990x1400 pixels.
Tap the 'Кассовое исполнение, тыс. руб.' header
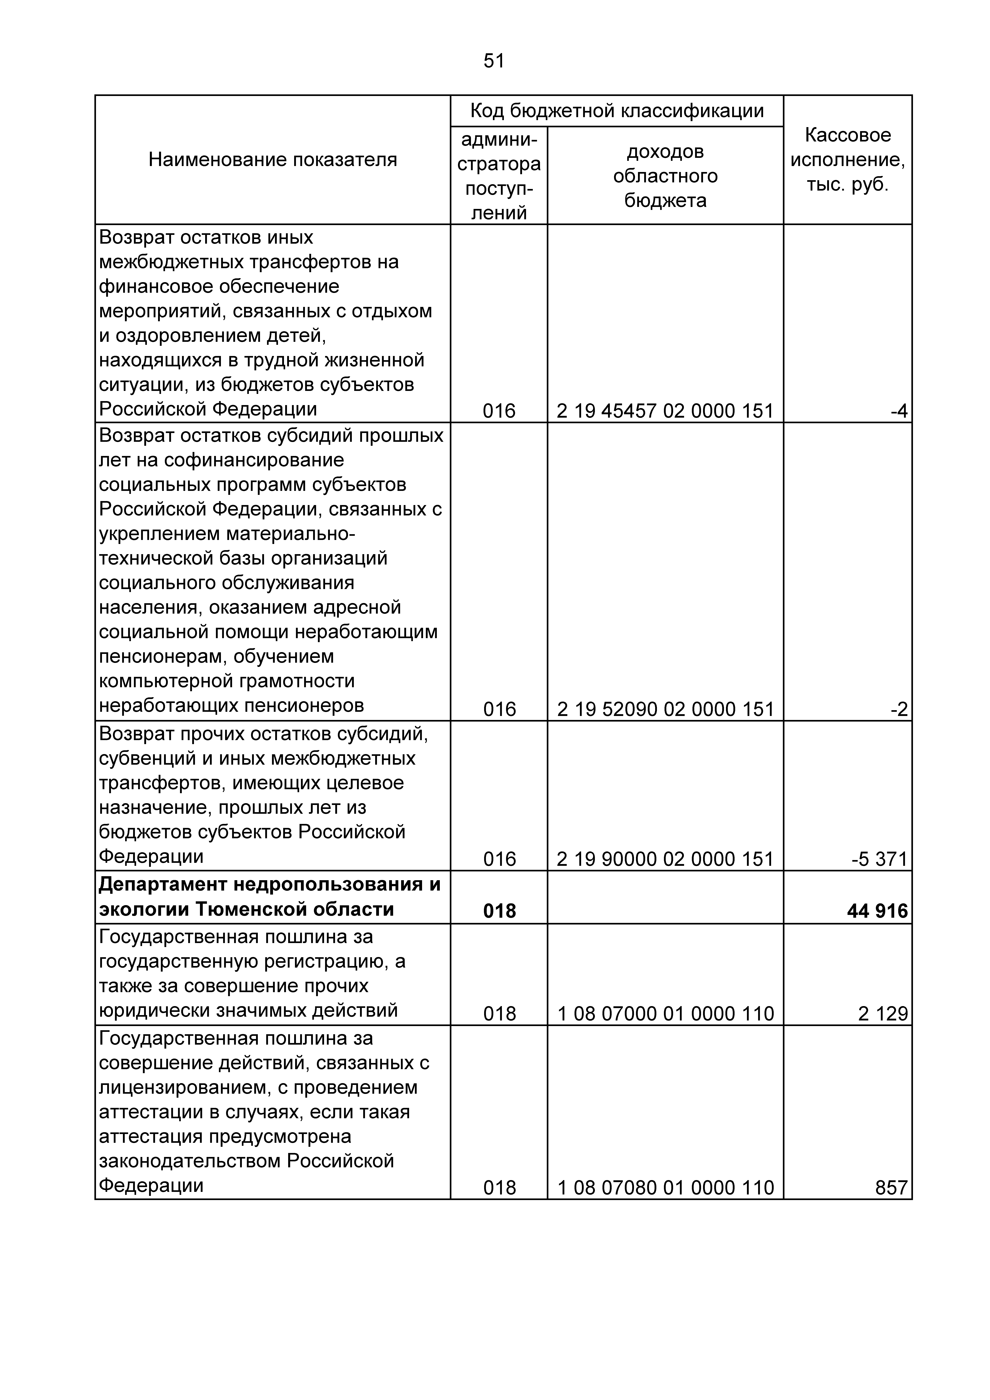pyautogui.click(x=847, y=160)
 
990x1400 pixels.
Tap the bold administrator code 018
pyautogui.click(x=499, y=911)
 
